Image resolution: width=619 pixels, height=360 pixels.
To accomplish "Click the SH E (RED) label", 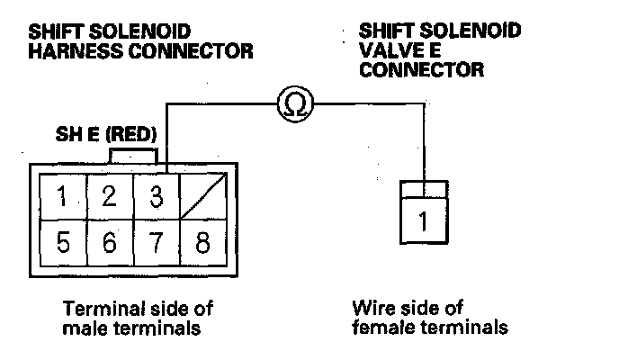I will pos(107,135).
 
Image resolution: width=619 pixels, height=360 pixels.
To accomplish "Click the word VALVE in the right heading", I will pos(388,50).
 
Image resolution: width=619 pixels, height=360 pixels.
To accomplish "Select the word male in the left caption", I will pos(82,328).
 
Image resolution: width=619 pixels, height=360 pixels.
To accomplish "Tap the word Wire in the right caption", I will pos(372,308).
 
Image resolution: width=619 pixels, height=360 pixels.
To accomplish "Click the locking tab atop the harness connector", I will pos(134,156).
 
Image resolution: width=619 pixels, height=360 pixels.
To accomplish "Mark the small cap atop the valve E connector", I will pos(423,189).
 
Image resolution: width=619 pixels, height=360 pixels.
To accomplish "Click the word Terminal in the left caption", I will pos(96,308).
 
